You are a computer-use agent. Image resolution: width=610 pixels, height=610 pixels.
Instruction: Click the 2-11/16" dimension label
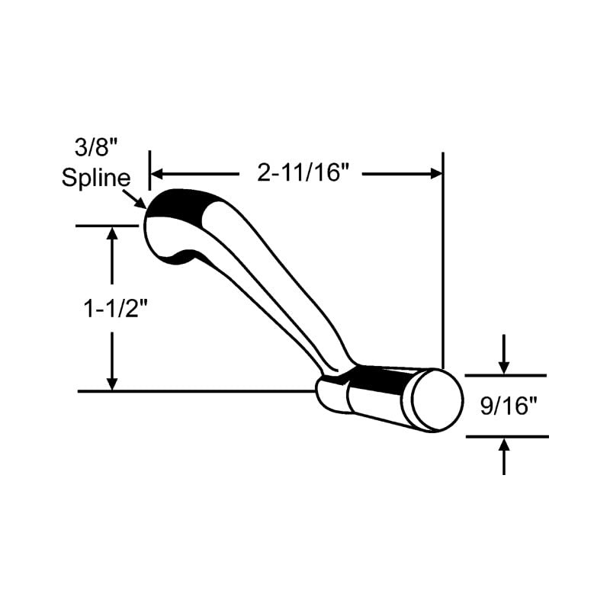coord(303,174)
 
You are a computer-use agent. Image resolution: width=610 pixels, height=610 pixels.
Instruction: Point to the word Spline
coord(96,180)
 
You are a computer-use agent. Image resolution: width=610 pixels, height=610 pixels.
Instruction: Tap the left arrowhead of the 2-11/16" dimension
coord(156,174)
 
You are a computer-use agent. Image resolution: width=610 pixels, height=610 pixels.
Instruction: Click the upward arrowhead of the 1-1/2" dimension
coord(113,234)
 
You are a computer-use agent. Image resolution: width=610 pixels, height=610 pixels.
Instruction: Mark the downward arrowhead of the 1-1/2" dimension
coord(113,384)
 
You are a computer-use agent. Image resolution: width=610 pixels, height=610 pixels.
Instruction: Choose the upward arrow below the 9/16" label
coord(503,447)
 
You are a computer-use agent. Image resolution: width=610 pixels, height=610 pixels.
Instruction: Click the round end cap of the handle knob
coord(437,400)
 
